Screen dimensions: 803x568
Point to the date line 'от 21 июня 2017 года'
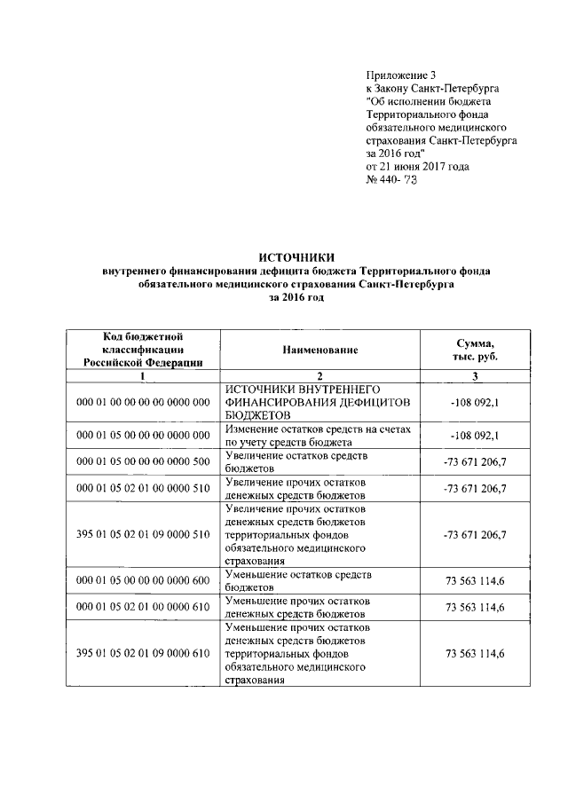(418, 166)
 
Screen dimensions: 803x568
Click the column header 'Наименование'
(320, 350)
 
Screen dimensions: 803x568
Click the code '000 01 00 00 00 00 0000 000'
(143, 402)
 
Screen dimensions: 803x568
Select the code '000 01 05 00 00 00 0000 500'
(143, 461)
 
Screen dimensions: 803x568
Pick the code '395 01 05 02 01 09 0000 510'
(143, 535)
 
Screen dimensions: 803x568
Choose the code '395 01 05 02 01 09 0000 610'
(143, 653)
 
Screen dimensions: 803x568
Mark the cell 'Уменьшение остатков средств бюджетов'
(298, 580)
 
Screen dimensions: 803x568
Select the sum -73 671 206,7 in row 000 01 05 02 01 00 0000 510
(475, 488)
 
